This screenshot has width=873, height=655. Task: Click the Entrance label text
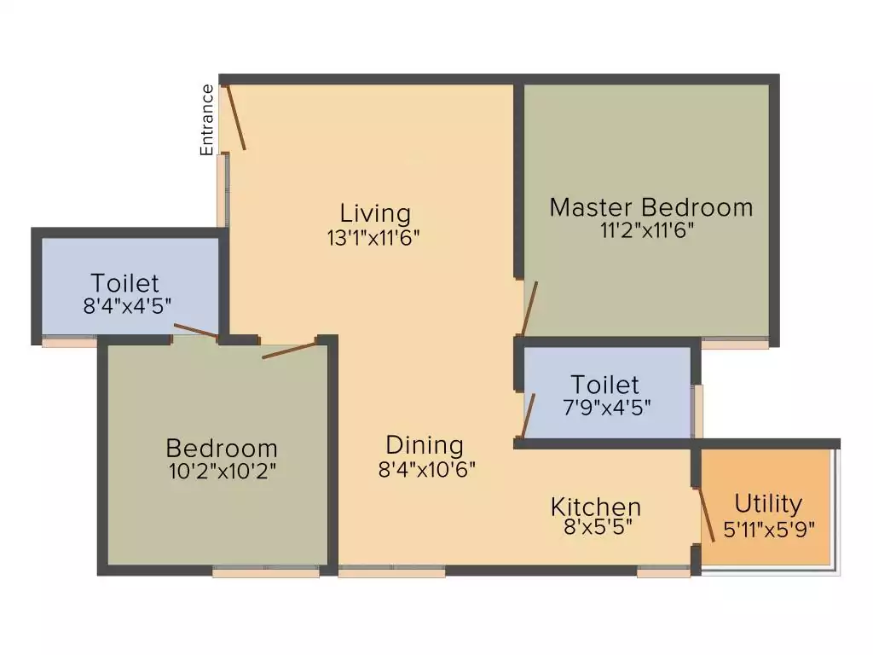coord(206,119)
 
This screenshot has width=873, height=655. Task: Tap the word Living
coord(375,212)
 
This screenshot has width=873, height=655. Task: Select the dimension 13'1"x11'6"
coord(375,237)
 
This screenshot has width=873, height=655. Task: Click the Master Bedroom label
coord(651,207)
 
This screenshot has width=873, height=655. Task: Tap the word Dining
coord(425,444)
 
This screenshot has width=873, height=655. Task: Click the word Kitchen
coord(595,507)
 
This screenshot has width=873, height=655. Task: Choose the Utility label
coord(768,503)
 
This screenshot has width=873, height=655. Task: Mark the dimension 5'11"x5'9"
coord(769,528)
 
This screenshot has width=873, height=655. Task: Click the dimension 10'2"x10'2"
coord(222,471)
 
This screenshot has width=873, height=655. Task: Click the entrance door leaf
coord(236,118)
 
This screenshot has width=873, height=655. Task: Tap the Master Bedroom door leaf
coord(529,309)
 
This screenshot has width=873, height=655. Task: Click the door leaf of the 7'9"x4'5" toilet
coord(528,415)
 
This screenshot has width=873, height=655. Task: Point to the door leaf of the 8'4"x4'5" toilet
coord(195,332)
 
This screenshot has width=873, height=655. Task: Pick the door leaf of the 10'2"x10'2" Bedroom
coord(290,348)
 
